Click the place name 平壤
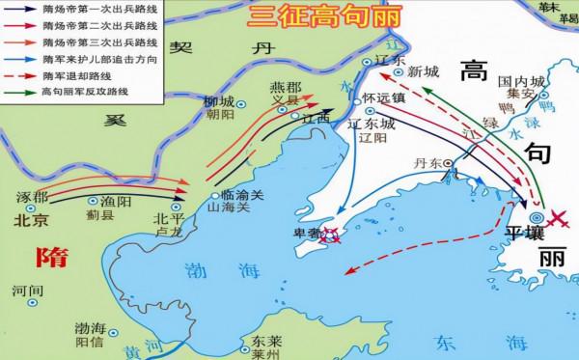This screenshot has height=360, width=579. (x=526, y=234)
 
